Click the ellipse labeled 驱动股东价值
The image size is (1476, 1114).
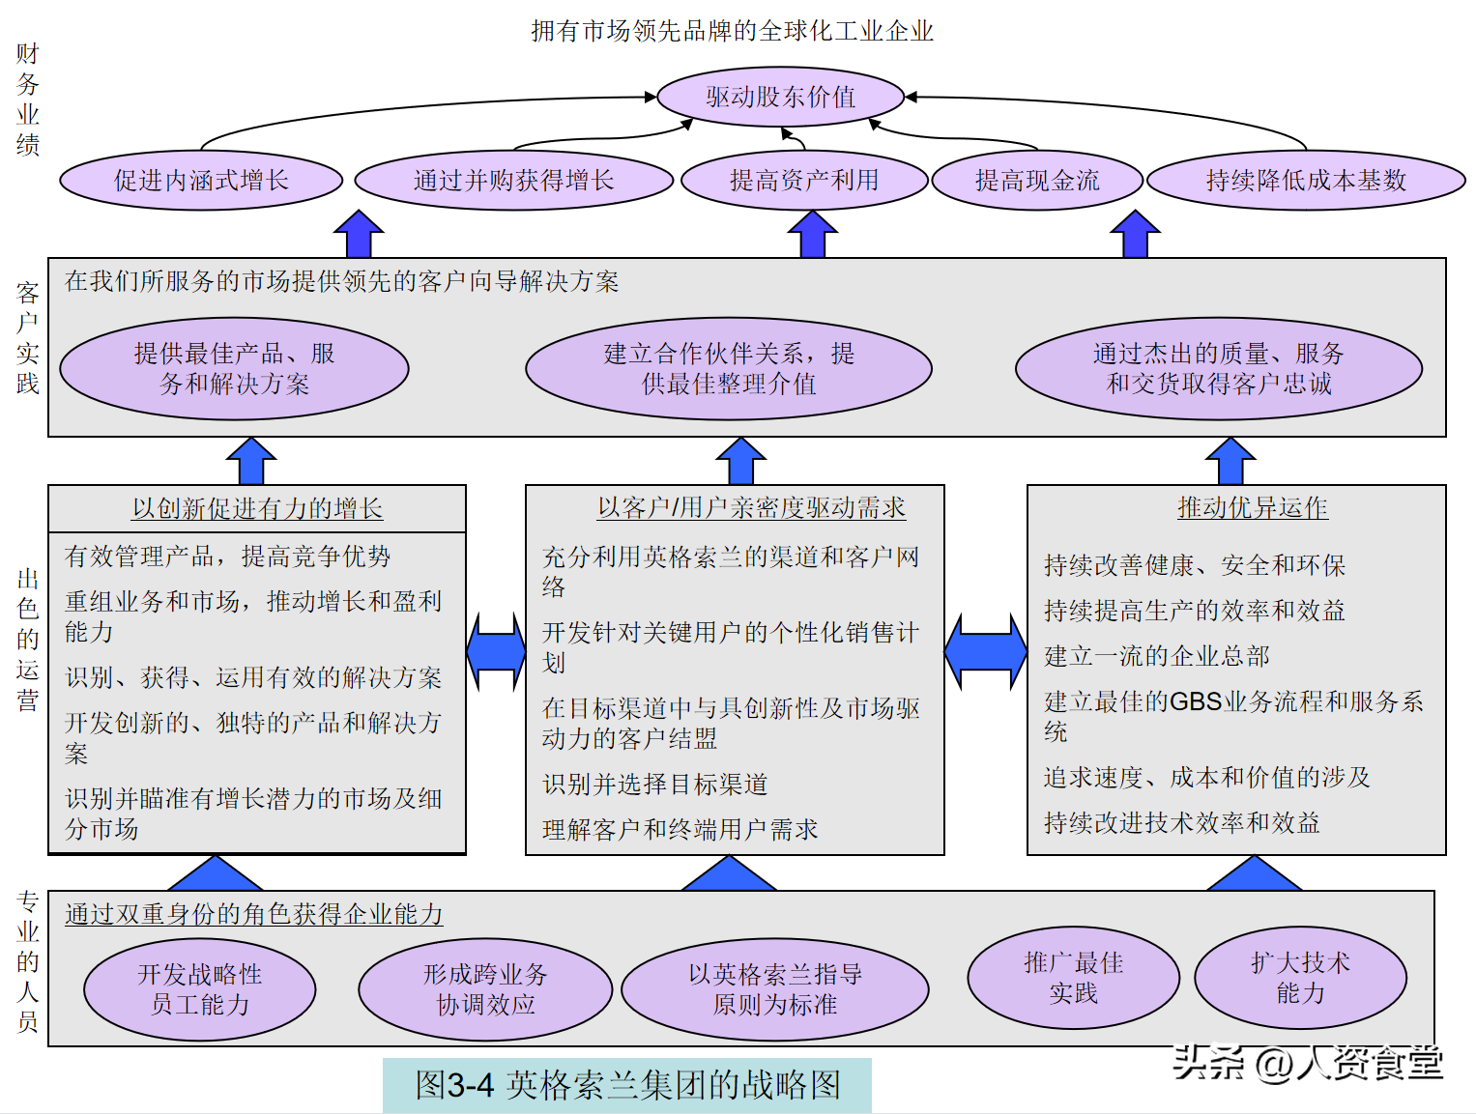[780, 97]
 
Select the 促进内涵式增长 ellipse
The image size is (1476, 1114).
[201, 180]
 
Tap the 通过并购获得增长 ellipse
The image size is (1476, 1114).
[513, 180]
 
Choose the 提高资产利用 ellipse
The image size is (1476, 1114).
[804, 180]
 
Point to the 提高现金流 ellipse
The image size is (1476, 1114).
[1037, 180]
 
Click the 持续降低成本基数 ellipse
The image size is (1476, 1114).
[1306, 180]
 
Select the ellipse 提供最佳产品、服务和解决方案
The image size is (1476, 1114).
[234, 369]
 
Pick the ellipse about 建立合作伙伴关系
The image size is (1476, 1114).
[729, 369]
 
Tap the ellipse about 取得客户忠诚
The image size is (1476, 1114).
[1219, 369]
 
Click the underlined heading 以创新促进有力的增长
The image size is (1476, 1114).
[257, 508]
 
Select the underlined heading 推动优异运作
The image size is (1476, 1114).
[1253, 508]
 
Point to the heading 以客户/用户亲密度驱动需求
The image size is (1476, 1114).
[752, 508]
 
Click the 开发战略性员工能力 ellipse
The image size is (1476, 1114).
[200, 989]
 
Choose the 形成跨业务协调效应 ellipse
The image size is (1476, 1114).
[485, 989]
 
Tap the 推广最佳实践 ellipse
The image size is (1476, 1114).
[1073, 979]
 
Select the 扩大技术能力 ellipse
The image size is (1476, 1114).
[1300, 979]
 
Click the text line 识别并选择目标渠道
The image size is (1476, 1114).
[655, 785]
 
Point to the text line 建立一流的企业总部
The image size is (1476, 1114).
[1157, 656]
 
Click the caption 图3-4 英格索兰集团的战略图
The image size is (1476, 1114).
[627, 1084]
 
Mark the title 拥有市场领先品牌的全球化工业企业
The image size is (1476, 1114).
[733, 31]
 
